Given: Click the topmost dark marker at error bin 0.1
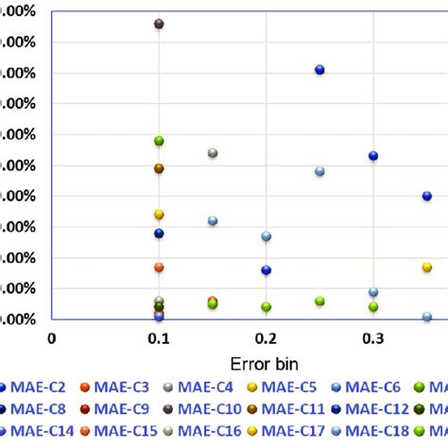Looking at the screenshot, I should pos(159,24).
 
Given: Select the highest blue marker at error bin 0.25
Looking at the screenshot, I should pos(319,70).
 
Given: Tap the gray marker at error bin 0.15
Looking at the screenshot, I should pos(213,153).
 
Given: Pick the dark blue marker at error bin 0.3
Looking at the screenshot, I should pos(373,156).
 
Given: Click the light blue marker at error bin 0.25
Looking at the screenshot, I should pos(319,171).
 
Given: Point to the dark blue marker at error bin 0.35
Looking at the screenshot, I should pos(427,197).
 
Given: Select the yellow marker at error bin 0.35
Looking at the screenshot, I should pos(427,267).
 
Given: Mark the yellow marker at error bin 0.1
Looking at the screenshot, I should pos(159,215).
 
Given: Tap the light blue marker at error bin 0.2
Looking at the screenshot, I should pos(267,236).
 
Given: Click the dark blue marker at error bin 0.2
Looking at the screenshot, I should pos(267,270).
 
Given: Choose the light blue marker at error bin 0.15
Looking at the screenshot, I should pos(213,221).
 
